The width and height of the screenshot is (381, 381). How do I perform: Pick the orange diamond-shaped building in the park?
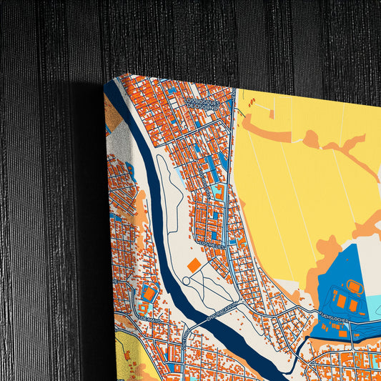[x=194, y=264]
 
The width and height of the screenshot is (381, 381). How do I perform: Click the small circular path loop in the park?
[x=187, y=281]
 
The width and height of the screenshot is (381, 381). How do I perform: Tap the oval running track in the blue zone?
[x=355, y=288]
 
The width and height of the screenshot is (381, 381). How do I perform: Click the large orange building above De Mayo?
[x=149, y=293]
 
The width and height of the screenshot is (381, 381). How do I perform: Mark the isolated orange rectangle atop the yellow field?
[x=272, y=113]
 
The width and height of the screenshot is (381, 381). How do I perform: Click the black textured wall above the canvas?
[x=214, y=36]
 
